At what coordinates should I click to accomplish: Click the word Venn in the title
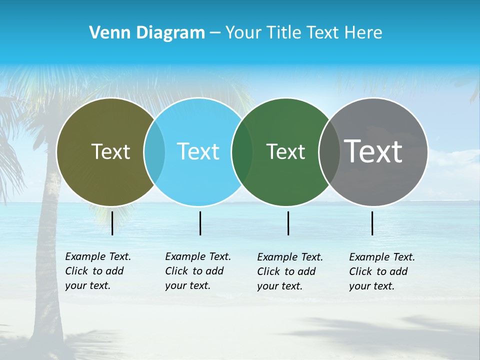click(107, 33)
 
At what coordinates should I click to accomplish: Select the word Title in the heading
click(284, 33)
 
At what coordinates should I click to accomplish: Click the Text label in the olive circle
click(110, 151)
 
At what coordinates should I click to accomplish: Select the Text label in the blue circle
click(198, 151)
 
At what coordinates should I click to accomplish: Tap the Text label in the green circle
click(285, 151)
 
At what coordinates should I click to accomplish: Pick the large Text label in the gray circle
click(373, 151)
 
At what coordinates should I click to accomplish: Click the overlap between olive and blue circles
click(154, 151)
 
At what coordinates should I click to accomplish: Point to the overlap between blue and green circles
click(242, 151)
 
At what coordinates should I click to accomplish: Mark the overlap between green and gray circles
click(328, 151)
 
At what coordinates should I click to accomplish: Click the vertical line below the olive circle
click(112, 223)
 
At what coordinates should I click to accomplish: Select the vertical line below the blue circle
click(200, 223)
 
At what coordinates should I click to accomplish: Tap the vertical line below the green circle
click(288, 223)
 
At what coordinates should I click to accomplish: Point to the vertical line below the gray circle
click(372, 223)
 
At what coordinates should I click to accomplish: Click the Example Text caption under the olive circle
click(97, 271)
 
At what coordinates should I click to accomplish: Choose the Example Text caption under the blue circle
click(197, 271)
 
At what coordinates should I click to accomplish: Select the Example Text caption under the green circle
click(289, 271)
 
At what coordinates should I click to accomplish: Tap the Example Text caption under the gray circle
click(381, 271)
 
